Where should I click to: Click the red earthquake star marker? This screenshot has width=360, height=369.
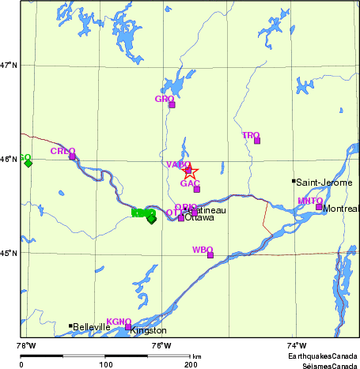tap(189, 171)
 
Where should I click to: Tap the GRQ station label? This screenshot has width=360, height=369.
tap(164, 99)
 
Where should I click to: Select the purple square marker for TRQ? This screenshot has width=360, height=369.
tap(257, 141)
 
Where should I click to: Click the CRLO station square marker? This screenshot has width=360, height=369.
tap(72, 156)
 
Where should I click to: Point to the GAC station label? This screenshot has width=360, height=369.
tap(189, 183)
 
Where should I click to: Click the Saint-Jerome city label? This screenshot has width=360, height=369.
tap(321, 182)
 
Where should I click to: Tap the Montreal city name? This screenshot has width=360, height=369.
tap(342, 209)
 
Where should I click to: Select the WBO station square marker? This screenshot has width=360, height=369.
tap(210, 254)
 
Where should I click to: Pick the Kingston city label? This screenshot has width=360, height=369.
tap(149, 331)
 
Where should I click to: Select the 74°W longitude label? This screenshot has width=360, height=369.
tap(296, 345)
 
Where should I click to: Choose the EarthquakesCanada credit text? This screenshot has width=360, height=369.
tap(322, 357)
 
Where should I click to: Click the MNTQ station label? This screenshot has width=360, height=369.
tap(309, 201)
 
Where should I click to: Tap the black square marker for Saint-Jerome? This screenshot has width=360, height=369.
tap(294, 182)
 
